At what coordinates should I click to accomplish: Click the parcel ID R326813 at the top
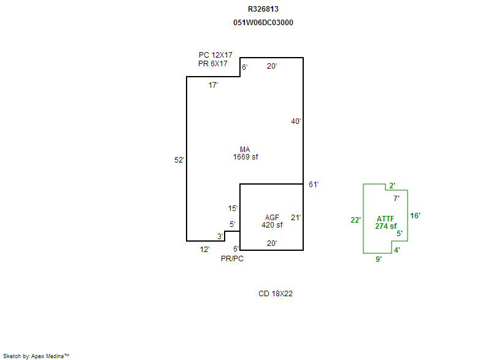tap(263, 9)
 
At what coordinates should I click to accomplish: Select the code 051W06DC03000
tap(263, 23)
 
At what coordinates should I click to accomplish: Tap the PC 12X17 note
tap(215, 55)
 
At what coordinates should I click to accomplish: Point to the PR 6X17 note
tap(212, 64)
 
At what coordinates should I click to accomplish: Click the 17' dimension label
tap(213, 85)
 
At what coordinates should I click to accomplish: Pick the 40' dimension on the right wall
tap(296, 121)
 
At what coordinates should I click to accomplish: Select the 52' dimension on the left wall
tap(179, 160)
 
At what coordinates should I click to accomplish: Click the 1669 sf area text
tap(245, 157)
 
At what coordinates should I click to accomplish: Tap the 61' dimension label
tap(314, 185)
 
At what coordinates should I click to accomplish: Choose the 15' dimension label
tap(233, 209)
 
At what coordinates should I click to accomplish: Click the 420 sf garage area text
tap(272, 225)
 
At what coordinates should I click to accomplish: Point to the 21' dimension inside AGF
tap(296, 217)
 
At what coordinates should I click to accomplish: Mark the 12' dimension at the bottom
tap(204, 250)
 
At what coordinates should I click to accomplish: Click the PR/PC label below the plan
tap(232, 259)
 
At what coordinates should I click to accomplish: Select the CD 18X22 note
tap(276, 294)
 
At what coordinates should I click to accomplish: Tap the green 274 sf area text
tap(386, 226)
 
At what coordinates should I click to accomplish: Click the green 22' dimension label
tap(355, 220)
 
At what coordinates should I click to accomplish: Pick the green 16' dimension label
tap(416, 216)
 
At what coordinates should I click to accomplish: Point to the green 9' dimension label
tap(379, 259)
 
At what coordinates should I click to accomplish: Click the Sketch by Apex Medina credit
tap(36, 356)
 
